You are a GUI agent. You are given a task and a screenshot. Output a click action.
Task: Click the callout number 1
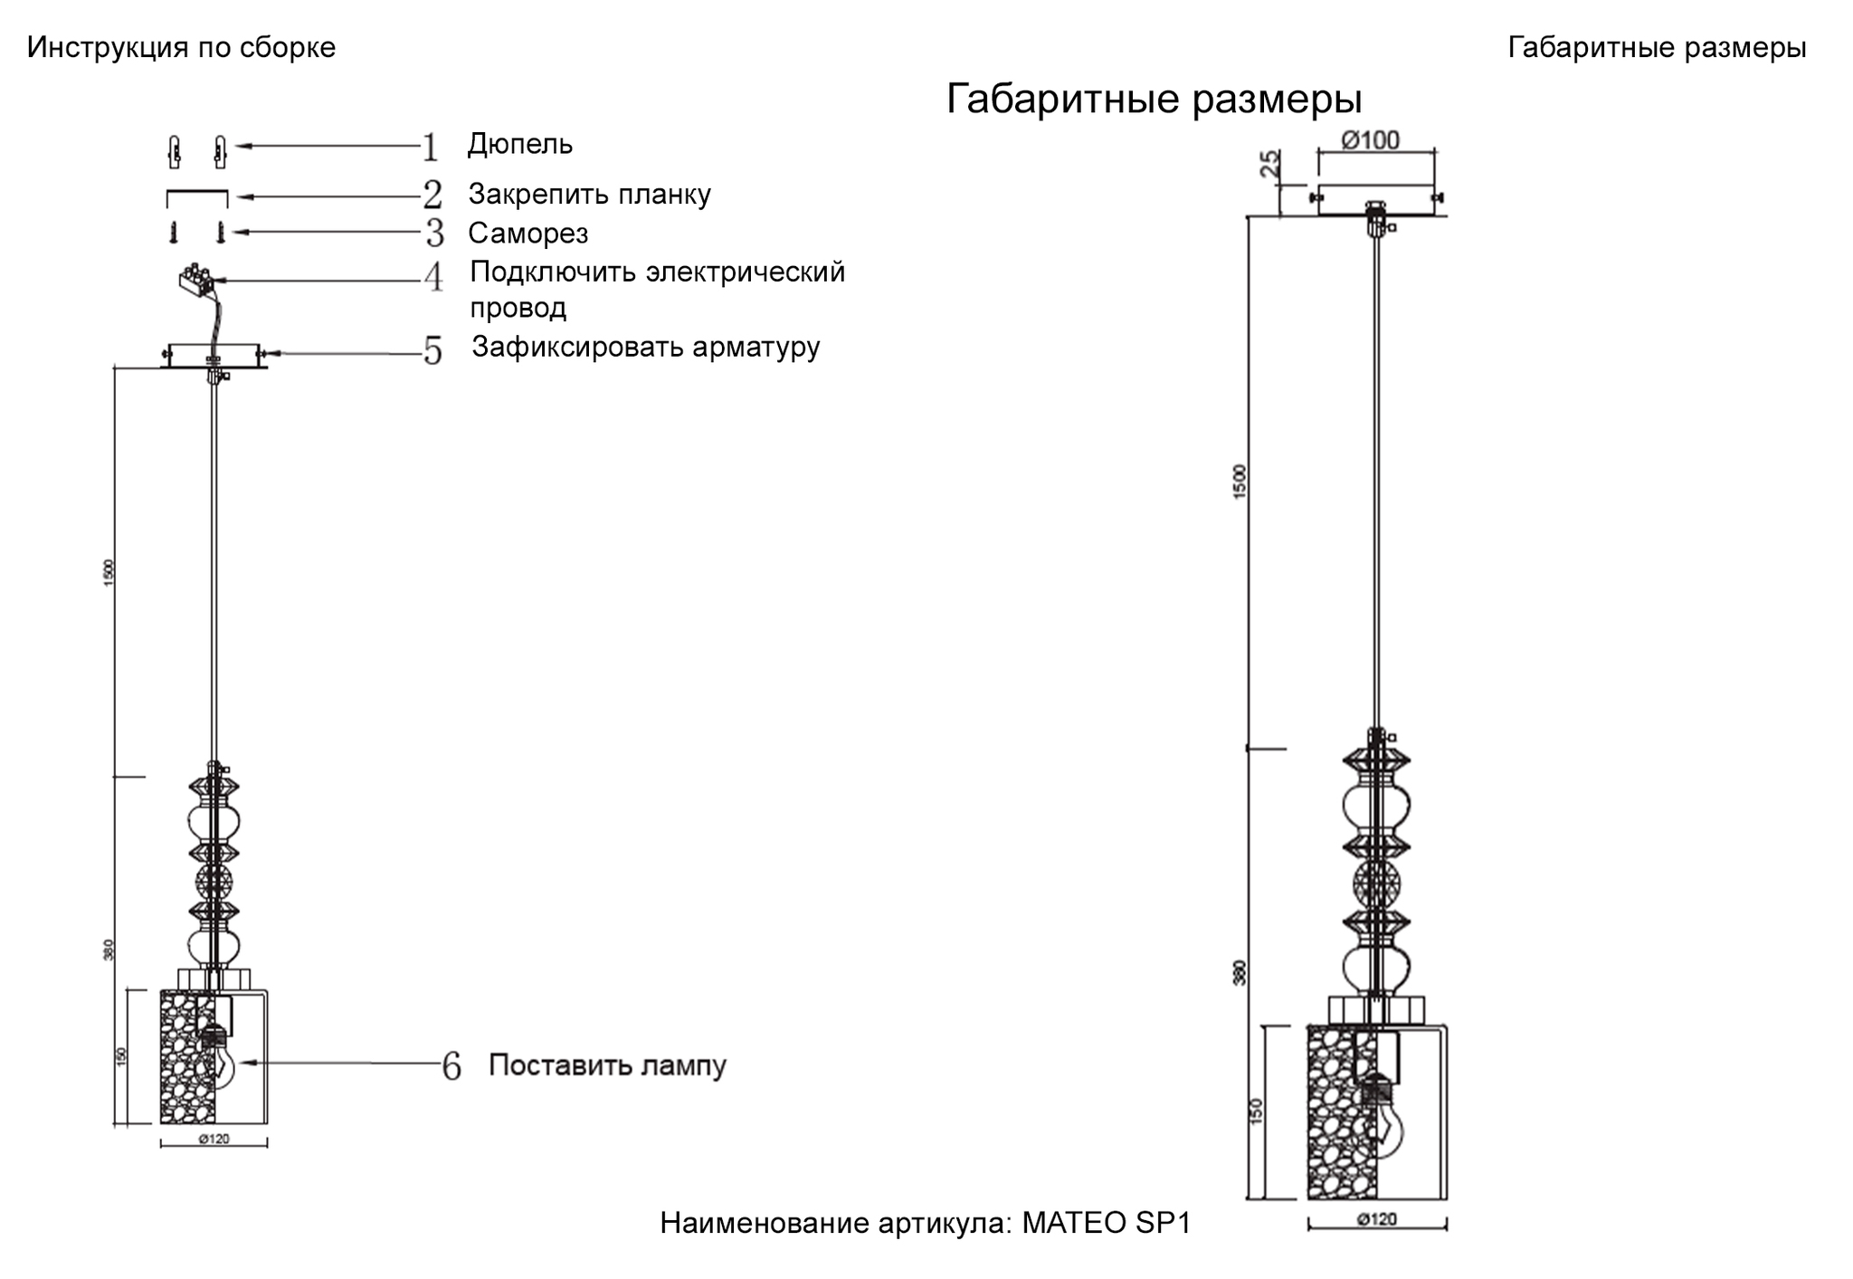click(431, 148)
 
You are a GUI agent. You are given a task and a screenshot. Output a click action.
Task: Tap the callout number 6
click(451, 1067)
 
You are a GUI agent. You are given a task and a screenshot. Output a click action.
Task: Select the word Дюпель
click(519, 144)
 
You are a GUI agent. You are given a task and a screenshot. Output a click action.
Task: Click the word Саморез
click(527, 234)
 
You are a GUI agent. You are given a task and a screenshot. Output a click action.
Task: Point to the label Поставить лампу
click(607, 1065)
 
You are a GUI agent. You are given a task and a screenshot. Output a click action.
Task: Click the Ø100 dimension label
click(1370, 140)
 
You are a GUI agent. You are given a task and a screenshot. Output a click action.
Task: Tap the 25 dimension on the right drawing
click(1270, 163)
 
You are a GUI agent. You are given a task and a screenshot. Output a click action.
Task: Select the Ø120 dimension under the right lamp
click(1376, 1219)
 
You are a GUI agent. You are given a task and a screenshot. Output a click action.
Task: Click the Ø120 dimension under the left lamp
click(214, 1139)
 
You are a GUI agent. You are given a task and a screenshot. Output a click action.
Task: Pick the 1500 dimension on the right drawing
click(1240, 481)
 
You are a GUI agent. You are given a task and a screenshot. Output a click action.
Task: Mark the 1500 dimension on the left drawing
click(109, 573)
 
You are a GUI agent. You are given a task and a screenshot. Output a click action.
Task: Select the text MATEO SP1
click(1106, 1223)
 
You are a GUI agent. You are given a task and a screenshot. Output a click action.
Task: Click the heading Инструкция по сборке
click(181, 47)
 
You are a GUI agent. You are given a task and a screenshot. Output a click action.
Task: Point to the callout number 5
click(433, 351)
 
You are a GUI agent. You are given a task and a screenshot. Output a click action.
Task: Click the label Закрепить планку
click(589, 194)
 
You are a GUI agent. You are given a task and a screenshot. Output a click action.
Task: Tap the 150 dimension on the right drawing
click(1255, 1112)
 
